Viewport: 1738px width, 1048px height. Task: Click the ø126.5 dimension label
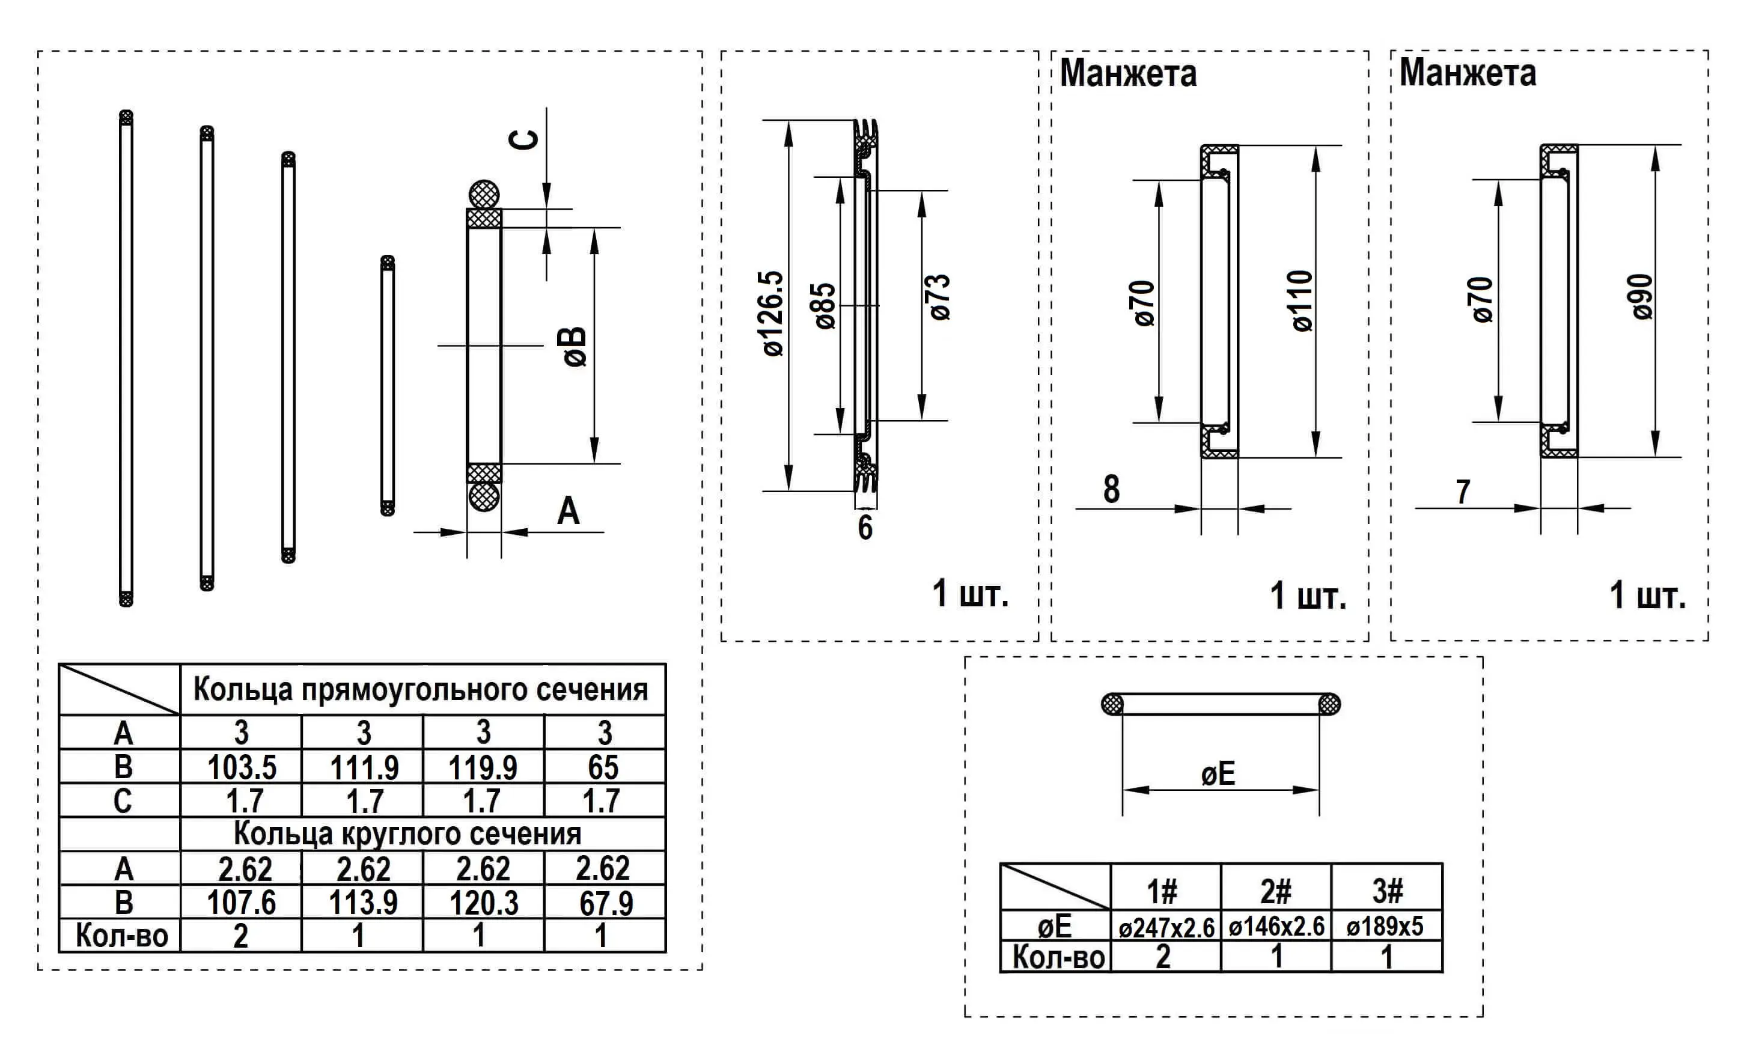click(774, 313)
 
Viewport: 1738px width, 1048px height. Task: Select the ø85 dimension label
click(825, 306)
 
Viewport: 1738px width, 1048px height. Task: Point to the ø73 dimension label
click(941, 297)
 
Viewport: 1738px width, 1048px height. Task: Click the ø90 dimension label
click(1642, 297)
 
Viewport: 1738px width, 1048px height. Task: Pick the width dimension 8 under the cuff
click(1111, 489)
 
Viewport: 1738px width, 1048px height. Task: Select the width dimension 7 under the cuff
click(1463, 492)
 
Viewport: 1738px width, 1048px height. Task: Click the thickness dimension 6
click(865, 528)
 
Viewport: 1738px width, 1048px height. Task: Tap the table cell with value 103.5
click(241, 767)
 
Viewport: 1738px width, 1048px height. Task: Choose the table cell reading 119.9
click(483, 767)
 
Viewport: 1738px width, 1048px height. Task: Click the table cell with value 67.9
click(605, 903)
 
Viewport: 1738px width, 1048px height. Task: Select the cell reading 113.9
click(362, 903)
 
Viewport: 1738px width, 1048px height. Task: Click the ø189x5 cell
click(1386, 927)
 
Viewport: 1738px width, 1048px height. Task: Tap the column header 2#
click(1276, 891)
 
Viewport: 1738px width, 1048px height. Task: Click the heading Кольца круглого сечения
click(407, 833)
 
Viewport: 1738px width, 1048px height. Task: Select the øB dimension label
click(576, 346)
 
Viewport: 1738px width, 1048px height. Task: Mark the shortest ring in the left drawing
click(387, 386)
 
